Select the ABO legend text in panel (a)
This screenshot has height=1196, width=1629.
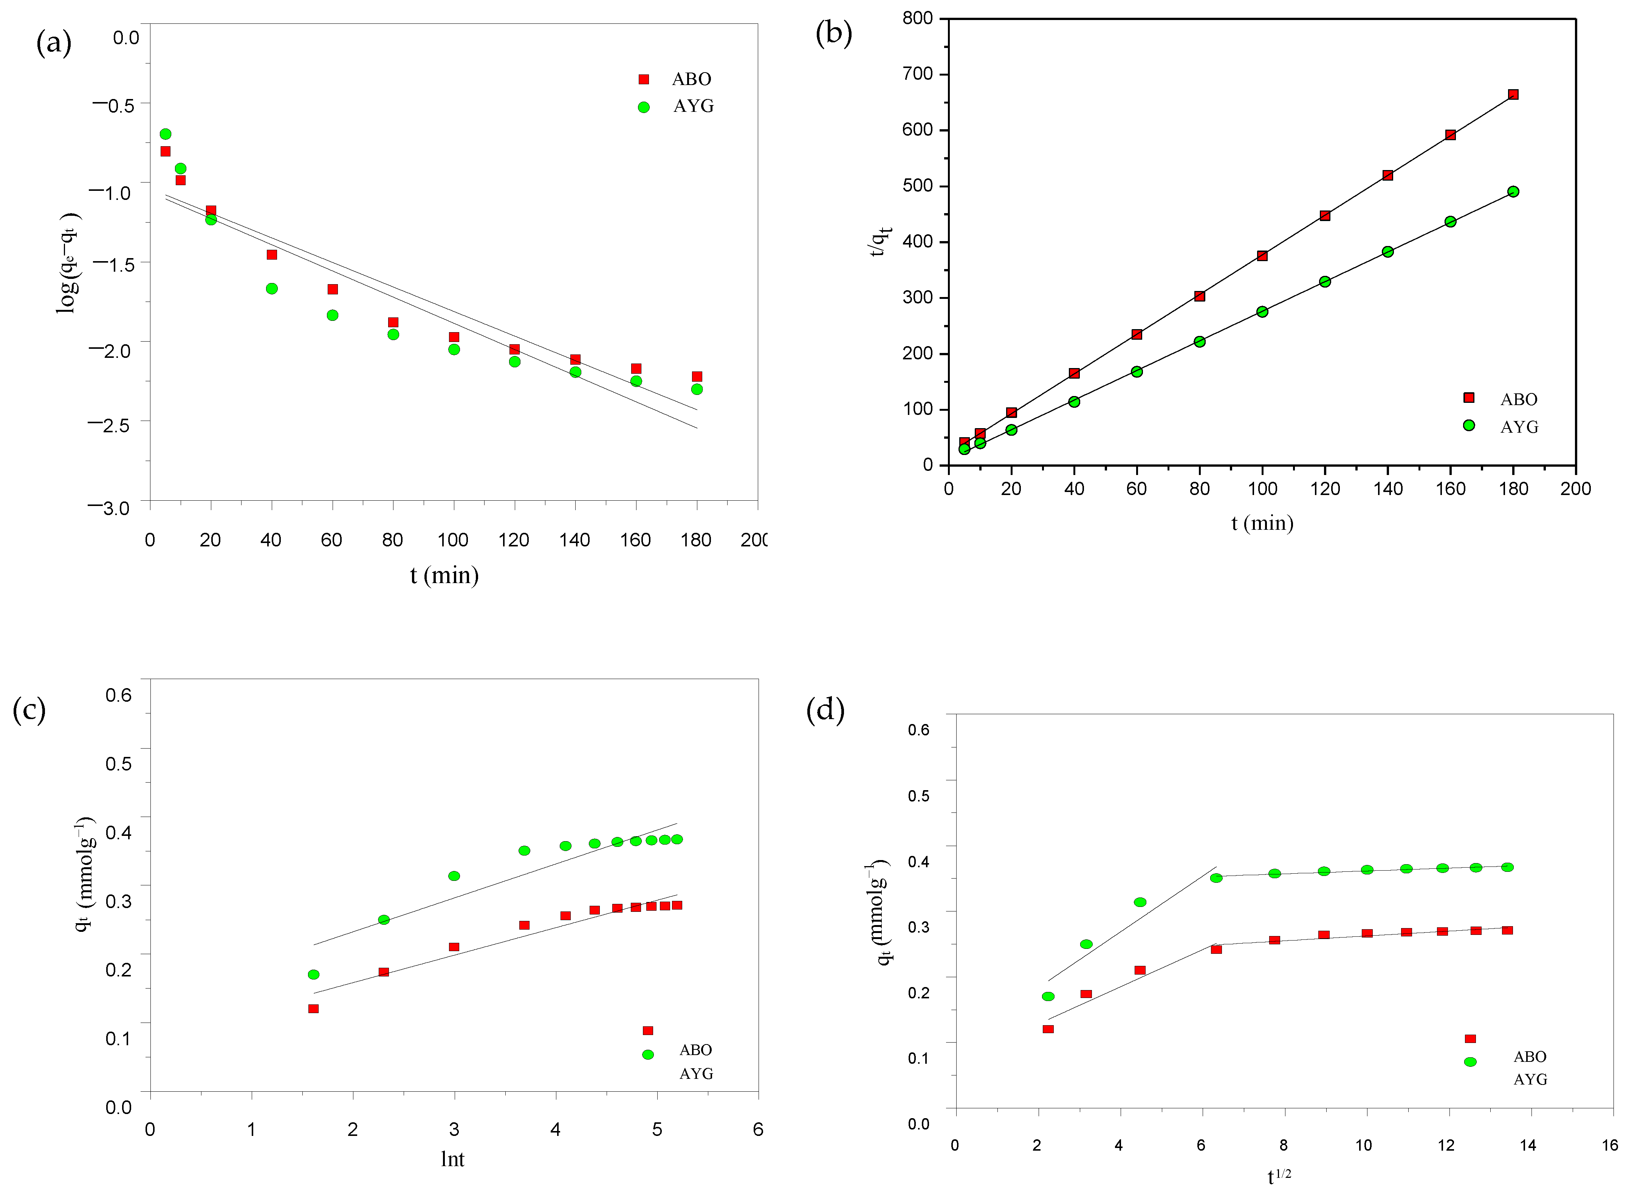[x=691, y=79]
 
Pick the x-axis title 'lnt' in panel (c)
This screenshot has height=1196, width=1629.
[x=452, y=1159]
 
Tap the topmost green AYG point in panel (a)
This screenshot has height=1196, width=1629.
[x=165, y=134]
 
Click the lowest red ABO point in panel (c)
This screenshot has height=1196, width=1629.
[x=313, y=1009]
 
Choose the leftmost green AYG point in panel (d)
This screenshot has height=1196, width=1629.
[x=1048, y=996]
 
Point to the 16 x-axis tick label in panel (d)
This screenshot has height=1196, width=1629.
[x=1609, y=1145]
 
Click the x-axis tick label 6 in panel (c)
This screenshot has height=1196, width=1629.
[x=758, y=1129]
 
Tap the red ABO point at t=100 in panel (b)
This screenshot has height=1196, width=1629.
[x=1262, y=255]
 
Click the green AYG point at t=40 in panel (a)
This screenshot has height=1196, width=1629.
[x=271, y=289]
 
